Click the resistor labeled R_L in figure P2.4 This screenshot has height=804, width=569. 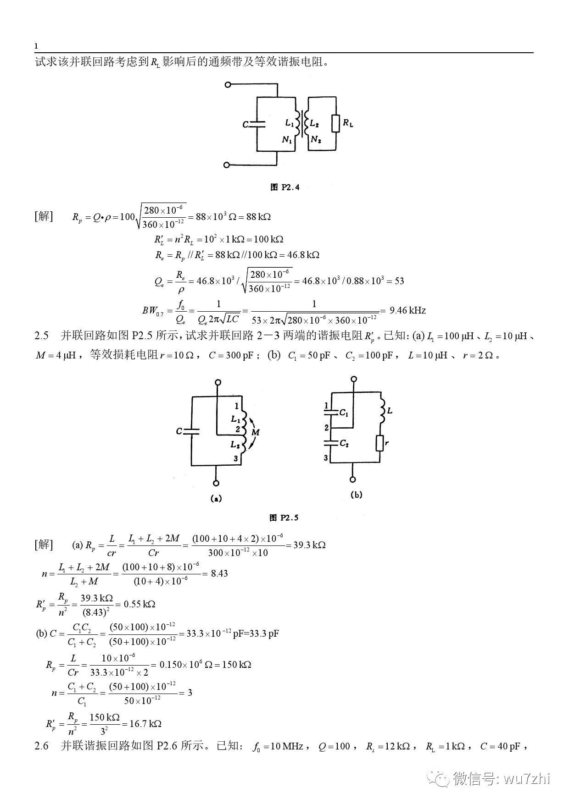click(336, 123)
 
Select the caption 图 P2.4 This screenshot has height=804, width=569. click(285, 187)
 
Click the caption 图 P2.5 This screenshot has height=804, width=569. click(284, 518)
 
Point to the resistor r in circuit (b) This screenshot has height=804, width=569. click(379, 443)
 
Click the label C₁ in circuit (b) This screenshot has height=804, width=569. click(344, 413)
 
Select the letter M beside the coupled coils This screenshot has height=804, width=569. click(256, 432)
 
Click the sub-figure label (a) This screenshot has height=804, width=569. click(216, 499)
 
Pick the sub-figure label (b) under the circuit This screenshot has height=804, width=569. click(356, 495)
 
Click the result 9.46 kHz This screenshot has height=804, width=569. click(407, 310)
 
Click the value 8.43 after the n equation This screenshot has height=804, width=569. click(219, 573)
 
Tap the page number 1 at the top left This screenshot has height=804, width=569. click(36, 46)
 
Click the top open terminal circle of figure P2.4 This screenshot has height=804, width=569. click(227, 84)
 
